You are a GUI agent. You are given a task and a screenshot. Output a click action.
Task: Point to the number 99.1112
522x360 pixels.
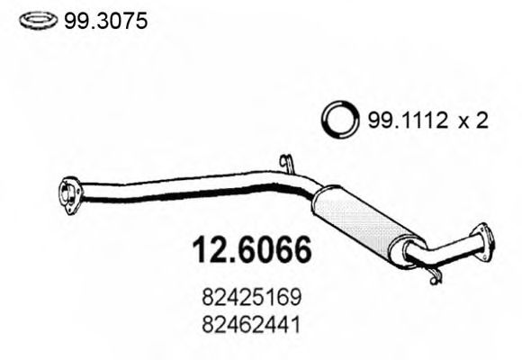[402, 121]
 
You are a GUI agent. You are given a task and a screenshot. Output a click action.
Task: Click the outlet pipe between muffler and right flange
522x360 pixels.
[450, 249]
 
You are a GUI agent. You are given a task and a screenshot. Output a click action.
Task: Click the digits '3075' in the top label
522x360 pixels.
[127, 19]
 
